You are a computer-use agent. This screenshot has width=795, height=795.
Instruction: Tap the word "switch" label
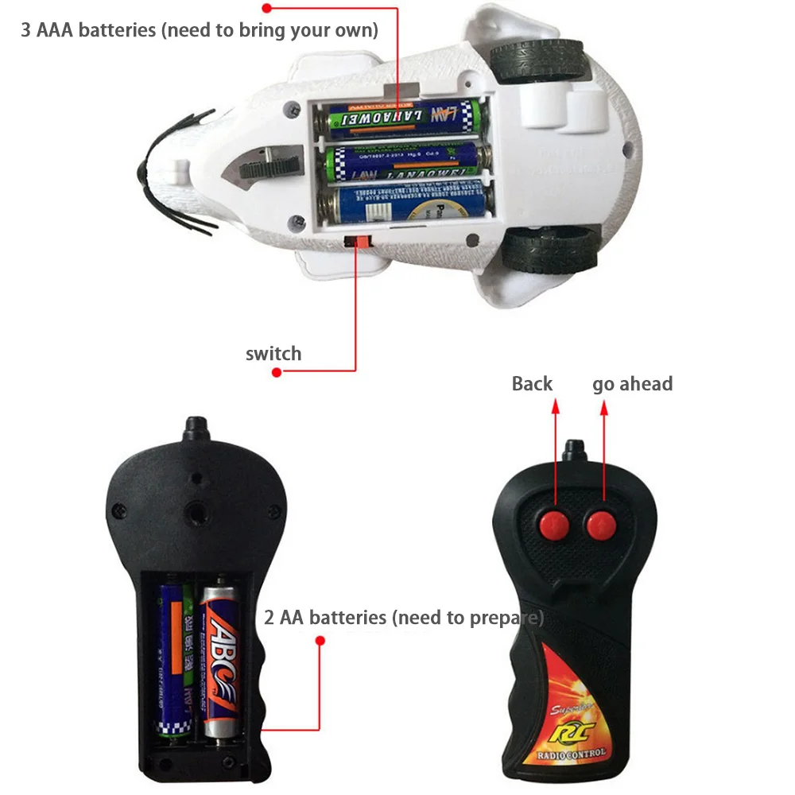(x=273, y=353)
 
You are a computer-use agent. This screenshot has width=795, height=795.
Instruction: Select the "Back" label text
(x=532, y=384)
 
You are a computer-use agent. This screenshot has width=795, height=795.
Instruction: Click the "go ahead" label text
(x=632, y=384)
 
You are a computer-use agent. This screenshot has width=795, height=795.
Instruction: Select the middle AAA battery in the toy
(x=406, y=162)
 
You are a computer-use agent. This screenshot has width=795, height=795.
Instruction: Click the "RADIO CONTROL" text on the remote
(x=571, y=752)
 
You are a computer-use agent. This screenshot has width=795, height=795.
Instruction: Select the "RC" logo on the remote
(x=570, y=729)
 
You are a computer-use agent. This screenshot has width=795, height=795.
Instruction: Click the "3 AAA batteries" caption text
(x=199, y=31)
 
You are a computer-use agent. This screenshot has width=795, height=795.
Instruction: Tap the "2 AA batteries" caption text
(x=404, y=617)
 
